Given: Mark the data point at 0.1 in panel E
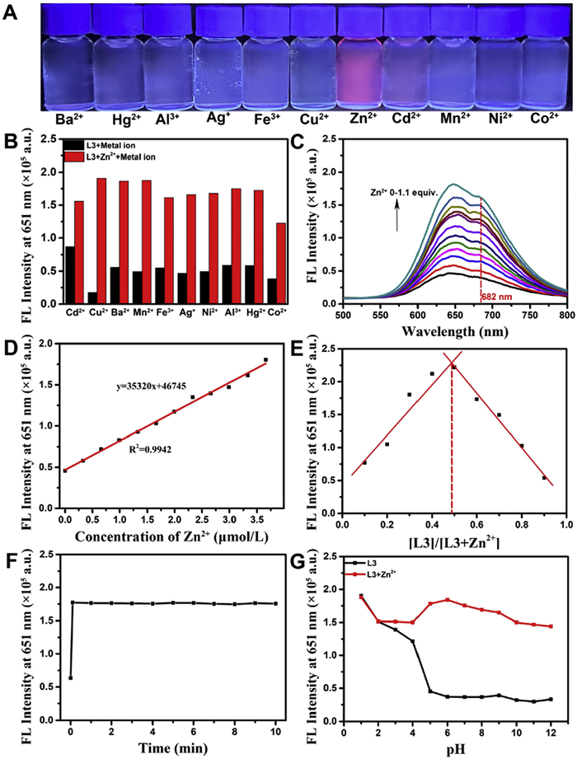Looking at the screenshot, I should click(x=364, y=462).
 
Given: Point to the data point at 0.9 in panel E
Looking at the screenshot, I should click(x=544, y=477).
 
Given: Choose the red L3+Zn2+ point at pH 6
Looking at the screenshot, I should click(x=448, y=600).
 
